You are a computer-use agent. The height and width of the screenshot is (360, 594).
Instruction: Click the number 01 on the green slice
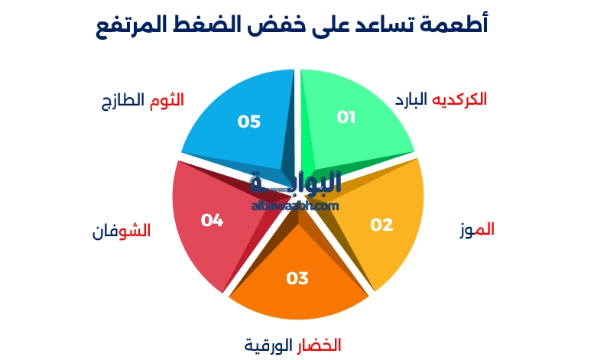coord(346,117)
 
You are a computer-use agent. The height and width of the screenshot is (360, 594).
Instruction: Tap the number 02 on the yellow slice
coord(381,225)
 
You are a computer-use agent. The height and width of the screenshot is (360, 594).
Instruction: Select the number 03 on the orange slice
coord(297,278)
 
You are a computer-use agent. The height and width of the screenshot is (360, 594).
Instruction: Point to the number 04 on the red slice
coord(212,220)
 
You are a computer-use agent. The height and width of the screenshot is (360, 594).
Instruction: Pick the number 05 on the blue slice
coord(249,122)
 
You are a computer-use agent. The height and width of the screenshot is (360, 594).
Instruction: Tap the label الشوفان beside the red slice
coord(122,231)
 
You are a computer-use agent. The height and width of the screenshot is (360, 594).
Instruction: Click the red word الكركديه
coord(460,99)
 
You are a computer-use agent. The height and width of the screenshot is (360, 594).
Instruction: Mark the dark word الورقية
coord(268,345)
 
